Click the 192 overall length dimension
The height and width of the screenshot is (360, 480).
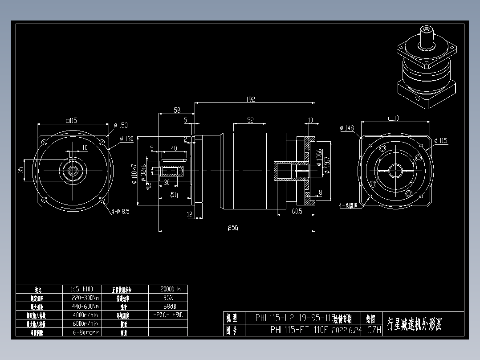(x=251, y=99)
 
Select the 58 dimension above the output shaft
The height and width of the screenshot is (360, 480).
(x=177, y=110)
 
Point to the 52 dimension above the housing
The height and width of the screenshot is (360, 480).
(x=250, y=120)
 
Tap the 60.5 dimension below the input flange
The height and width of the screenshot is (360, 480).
(x=297, y=211)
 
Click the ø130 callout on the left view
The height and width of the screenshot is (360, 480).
(x=126, y=139)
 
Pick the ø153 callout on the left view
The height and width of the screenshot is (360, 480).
(x=121, y=126)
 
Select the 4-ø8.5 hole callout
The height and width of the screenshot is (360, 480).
(x=120, y=212)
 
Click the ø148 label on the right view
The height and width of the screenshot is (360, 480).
(x=346, y=128)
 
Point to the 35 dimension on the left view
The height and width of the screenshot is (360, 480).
(x=21, y=170)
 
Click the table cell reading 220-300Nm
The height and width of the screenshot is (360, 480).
(x=85, y=298)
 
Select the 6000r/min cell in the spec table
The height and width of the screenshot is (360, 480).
(x=85, y=323)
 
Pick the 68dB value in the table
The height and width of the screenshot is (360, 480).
(x=168, y=306)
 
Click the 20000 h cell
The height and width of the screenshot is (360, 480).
(x=168, y=289)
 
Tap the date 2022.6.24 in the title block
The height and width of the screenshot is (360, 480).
(x=346, y=330)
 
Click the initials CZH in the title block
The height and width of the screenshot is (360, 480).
(x=374, y=330)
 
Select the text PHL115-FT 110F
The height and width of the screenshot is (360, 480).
(x=299, y=330)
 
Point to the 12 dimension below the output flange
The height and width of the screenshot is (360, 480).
(x=189, y=215)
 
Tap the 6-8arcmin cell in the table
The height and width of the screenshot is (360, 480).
(x=85, y=332)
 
